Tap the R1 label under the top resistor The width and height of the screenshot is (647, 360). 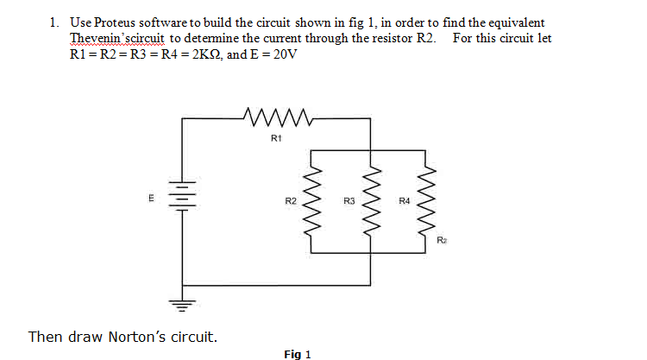point(275,138)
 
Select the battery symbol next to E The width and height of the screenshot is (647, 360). point(180,198)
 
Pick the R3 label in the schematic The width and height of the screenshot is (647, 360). point(349,201)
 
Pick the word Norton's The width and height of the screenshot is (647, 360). point(143,336)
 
